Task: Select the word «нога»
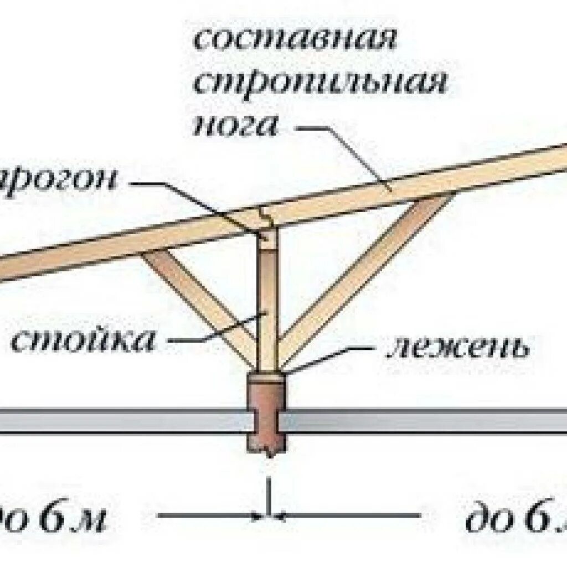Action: point(235,127)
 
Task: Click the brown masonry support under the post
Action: point(268,410)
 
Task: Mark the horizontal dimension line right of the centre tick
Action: point(349,516)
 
